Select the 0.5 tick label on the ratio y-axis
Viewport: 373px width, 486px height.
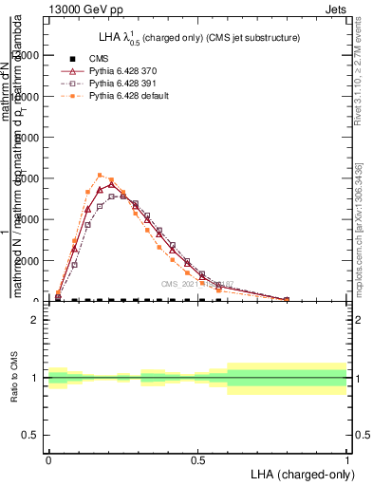pos(30,435)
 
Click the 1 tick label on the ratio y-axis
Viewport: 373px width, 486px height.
pos(35,378)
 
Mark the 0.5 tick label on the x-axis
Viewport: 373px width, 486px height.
pos(197,458)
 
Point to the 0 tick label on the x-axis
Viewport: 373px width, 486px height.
pos(47,458)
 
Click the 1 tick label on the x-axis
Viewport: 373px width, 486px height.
pos(347,458)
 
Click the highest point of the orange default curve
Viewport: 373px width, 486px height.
pos(100,175)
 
